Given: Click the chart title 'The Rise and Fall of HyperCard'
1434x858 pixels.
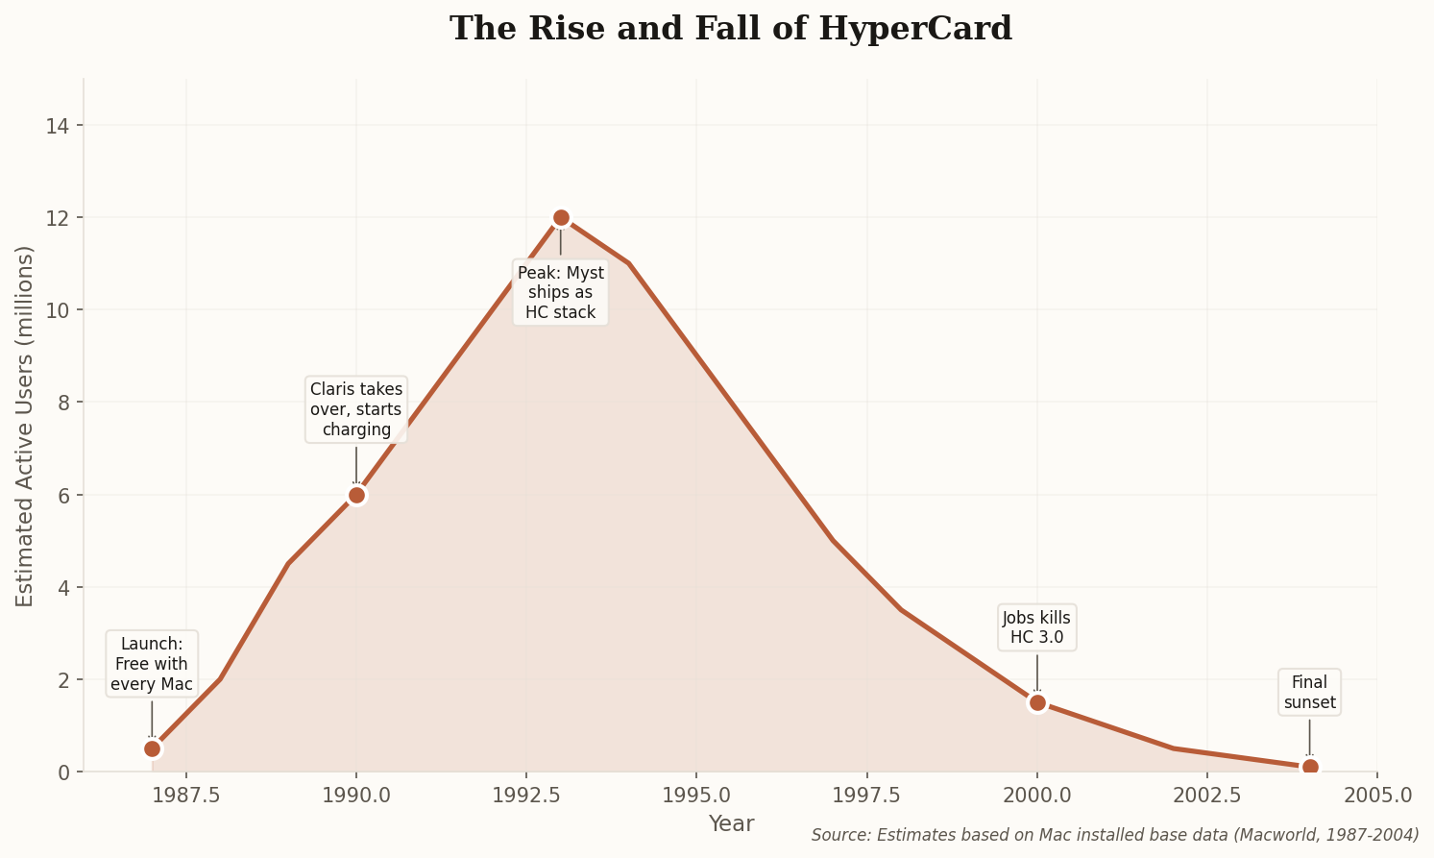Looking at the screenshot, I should tap(731, 29).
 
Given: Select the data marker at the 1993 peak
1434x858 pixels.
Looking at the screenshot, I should tap(561, 218).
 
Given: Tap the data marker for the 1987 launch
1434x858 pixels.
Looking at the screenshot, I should tap(152, 748).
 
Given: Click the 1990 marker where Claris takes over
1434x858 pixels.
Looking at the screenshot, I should tap(356, 495).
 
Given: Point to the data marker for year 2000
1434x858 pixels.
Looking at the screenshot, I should tap(1037, 702).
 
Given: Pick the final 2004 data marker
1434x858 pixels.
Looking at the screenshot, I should tap(1310, 767).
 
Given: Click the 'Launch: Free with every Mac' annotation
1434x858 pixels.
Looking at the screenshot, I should tap(152, 664).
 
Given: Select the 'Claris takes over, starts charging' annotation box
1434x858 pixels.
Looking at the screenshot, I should tap(356, 409).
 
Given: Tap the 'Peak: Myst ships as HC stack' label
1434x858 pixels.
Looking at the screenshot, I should tap(561, 292).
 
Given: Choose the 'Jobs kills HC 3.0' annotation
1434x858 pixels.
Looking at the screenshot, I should tap(1037, 627).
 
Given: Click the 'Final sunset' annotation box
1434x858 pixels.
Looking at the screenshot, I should tap(1310, 692).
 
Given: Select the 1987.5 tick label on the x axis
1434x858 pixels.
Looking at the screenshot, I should tap(185, 796).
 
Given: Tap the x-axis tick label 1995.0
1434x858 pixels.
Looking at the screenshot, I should tap(696, 796).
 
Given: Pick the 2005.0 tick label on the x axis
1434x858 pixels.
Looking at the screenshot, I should tap(1377, 796).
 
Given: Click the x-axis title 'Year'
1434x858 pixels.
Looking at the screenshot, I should tap(731, 823).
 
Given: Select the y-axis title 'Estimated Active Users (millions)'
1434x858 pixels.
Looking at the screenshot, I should tap(25, 426).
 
